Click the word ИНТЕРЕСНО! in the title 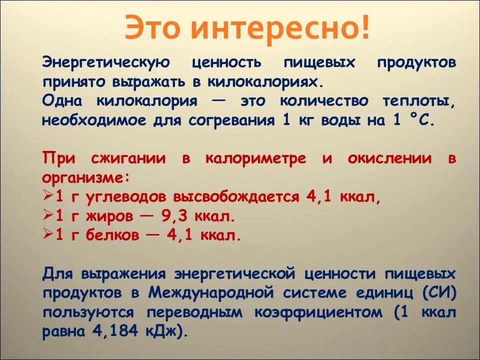point(281,27)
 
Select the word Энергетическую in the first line point(107,63)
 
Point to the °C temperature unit point(422,120)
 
